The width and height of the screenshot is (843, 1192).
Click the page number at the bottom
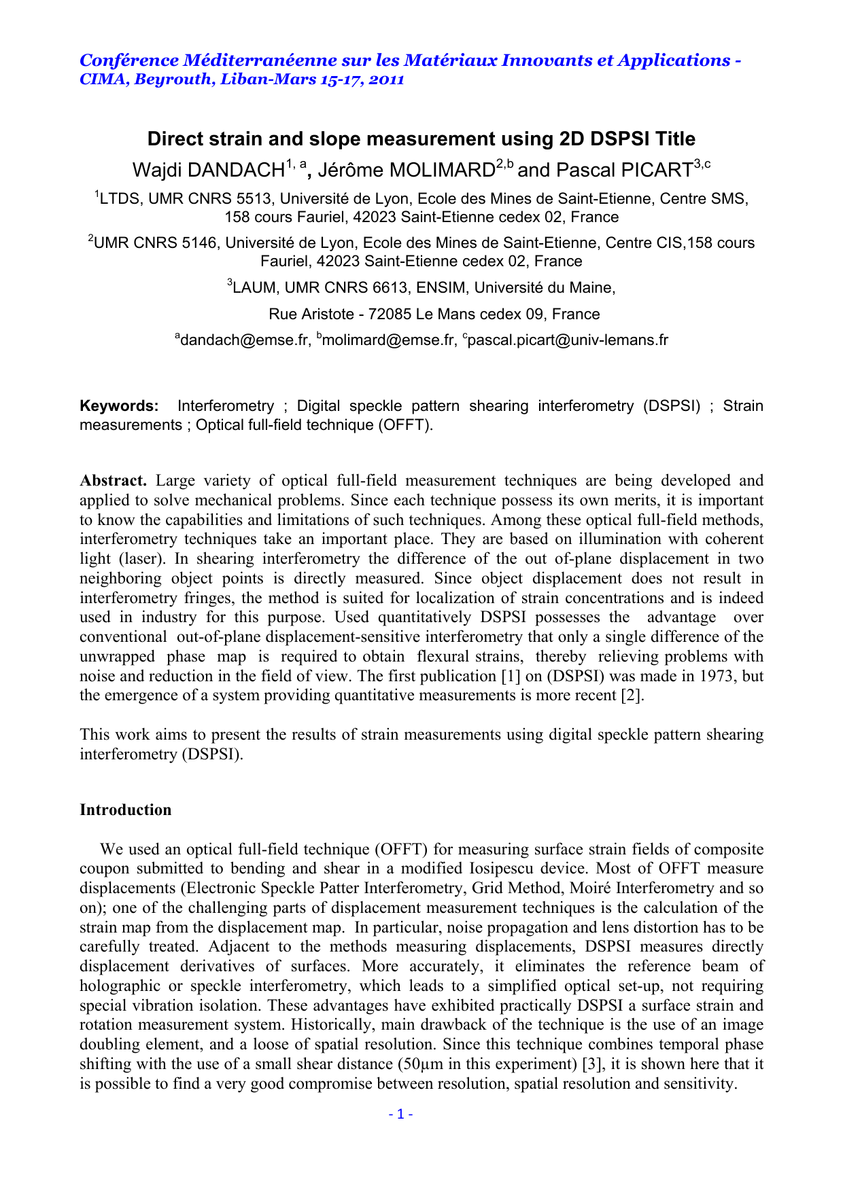pos(400,1114)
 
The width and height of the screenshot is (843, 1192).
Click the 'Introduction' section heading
pos(125,810)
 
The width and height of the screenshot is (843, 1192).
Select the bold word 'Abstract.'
pos(113,481)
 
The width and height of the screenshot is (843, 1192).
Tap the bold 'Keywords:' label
pos(119,406)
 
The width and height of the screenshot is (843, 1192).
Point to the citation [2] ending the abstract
pos(632,696)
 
